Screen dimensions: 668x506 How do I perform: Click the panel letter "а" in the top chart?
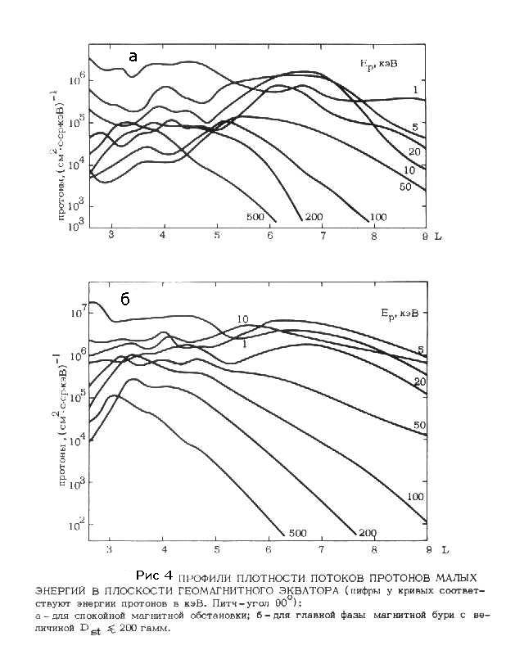tap(133, 56)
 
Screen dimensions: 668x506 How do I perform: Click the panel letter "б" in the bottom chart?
tap(125, 300)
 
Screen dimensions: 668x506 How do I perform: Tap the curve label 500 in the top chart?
tap(255, 215)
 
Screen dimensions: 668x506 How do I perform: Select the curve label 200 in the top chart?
tap(314, 216)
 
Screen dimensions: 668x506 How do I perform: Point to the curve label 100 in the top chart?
tap(377, 216)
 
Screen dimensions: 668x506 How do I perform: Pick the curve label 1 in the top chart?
tap(416, 89)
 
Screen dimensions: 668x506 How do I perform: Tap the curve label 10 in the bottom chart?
tap(243, 318)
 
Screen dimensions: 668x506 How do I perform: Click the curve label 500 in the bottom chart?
tap(297, 533)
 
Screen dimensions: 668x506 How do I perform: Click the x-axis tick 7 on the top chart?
tap(323, 236)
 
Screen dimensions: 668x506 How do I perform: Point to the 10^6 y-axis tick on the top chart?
tap(76, 79)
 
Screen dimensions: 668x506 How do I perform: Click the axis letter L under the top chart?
tap(439, 236)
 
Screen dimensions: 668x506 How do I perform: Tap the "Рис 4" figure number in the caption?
tap(155, 573)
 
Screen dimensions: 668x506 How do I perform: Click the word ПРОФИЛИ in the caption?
tap(206, 575)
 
